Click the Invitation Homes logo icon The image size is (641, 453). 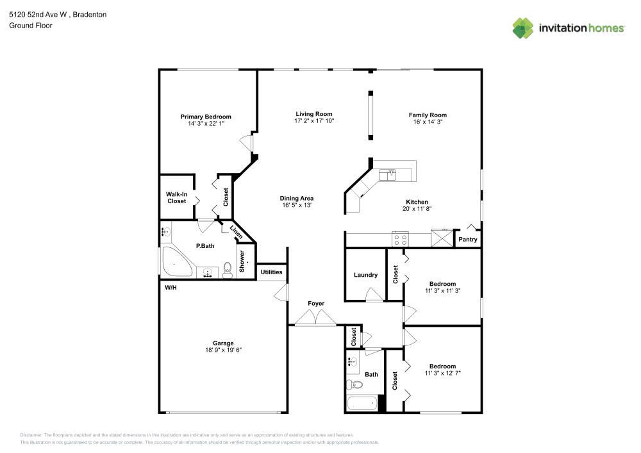[522, 28]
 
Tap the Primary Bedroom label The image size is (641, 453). [206, 117]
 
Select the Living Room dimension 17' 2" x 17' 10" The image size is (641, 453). [314, 120]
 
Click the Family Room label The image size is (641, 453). [428, 115]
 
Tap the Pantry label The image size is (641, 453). [467, 240]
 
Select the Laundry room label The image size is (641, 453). [365, 275]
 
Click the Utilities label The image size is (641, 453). [271, 272]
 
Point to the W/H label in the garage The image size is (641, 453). [171, 288]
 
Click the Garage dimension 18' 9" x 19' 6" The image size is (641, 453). [223, 350]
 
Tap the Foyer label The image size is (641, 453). [316, 303]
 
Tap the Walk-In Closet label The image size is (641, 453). [176, 197]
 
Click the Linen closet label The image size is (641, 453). [237, 234]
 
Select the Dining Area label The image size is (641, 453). [297, 198]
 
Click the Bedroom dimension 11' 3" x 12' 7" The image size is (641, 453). [442, 372]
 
